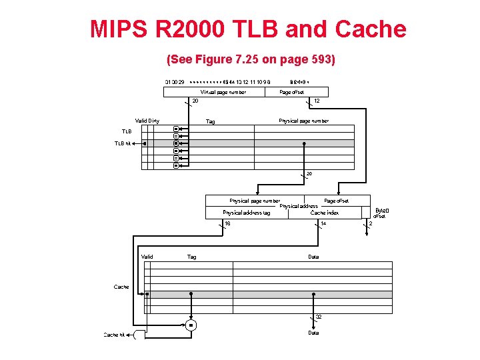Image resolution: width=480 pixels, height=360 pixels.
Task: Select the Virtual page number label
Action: tap(223, 92)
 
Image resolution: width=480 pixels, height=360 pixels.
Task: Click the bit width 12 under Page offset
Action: tap(317, 101)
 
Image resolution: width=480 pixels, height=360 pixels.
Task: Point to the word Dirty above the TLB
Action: tap(153, 121)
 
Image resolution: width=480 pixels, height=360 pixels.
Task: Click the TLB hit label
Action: tap(123, 143)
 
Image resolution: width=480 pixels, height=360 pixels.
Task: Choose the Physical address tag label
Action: tap(246, 213)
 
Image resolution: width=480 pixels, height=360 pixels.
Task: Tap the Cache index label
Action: tap(325, 213)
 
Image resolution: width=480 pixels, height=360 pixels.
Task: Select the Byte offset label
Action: tap(380, 213)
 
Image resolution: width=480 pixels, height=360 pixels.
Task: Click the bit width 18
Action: tap(227, 223)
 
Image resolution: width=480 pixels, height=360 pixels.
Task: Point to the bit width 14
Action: tap(323, 223)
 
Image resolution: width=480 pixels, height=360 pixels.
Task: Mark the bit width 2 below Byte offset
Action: tap(371, 223)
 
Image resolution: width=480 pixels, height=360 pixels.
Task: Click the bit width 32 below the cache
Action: tap(319, 317)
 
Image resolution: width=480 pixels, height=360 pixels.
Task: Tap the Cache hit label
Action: tap(114, 335)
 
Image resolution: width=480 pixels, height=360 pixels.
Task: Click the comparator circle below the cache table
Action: tap(190, 325)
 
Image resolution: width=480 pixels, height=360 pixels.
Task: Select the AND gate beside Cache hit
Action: tap(139, 335)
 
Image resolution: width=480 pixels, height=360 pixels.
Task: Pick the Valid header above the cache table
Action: tap(147, 257)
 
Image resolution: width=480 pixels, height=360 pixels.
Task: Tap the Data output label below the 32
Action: tap(313, 333)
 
